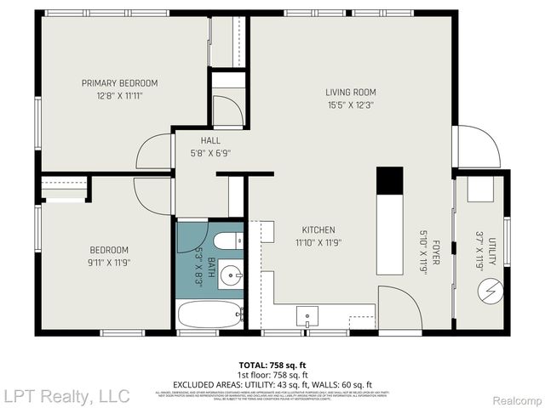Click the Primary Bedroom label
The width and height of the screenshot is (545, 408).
[119, 82]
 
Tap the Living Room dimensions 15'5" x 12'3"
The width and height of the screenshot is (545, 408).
[350, 105]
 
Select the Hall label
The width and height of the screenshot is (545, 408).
[210, 141]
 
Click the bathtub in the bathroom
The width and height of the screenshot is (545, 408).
[210, 316]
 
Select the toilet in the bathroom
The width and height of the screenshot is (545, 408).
[226, 241]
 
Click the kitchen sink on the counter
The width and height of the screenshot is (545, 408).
[307, 317]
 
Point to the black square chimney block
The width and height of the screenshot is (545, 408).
[389, 179]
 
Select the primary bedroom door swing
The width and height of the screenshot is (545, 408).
[155, 150]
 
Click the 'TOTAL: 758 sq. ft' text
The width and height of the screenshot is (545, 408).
[272, 365]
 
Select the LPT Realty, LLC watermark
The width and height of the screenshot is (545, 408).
[66, 395]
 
